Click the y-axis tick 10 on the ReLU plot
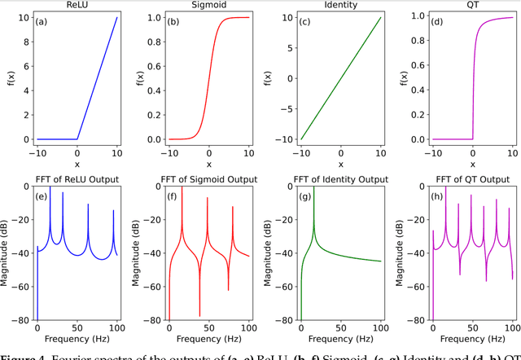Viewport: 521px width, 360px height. [24, 16]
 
